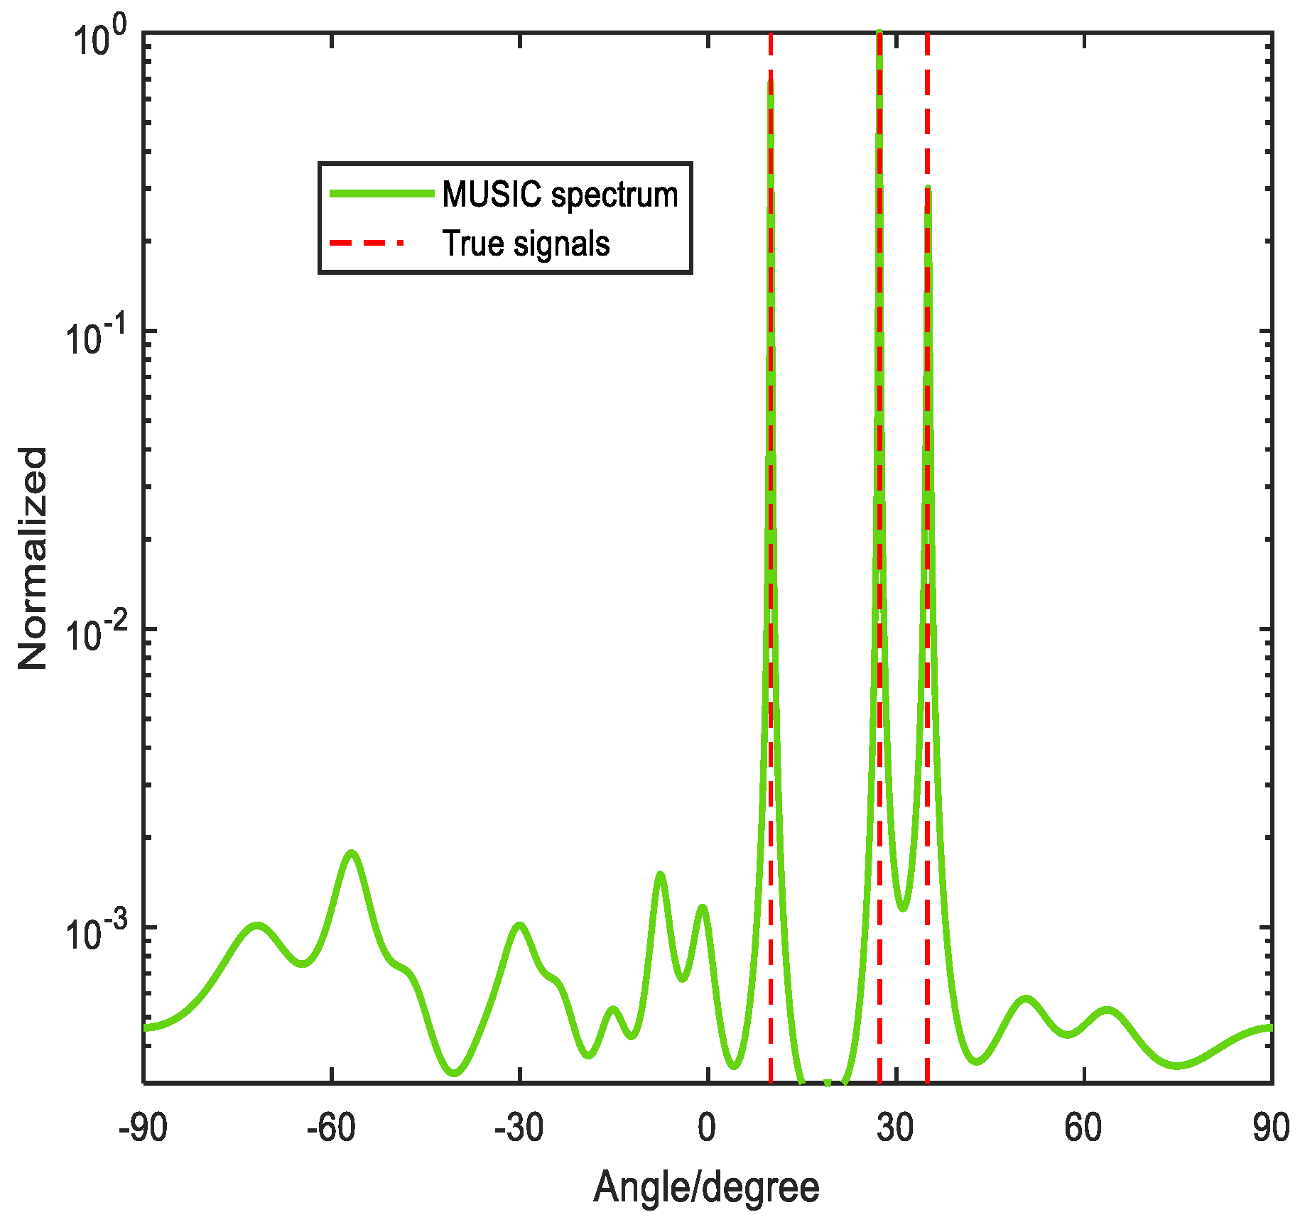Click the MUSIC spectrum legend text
tap(560, 195)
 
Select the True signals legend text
tap(526, 244)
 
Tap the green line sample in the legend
tap(381, 194)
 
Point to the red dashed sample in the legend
tap(367, 243)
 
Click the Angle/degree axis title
tap(706, 1187)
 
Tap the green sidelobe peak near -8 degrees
tap(660, 874)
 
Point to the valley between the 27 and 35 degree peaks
tap(902, 908)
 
